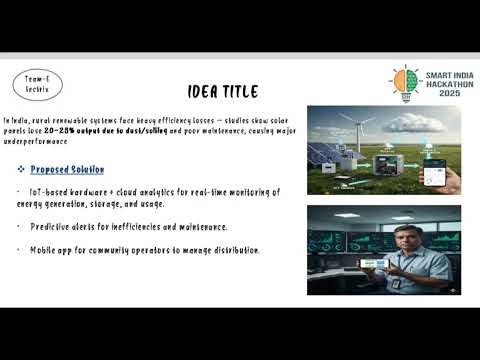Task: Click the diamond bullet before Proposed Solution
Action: click(21, 170)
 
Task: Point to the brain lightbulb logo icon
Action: click(405, 82)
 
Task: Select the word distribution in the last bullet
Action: click(234, 250)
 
